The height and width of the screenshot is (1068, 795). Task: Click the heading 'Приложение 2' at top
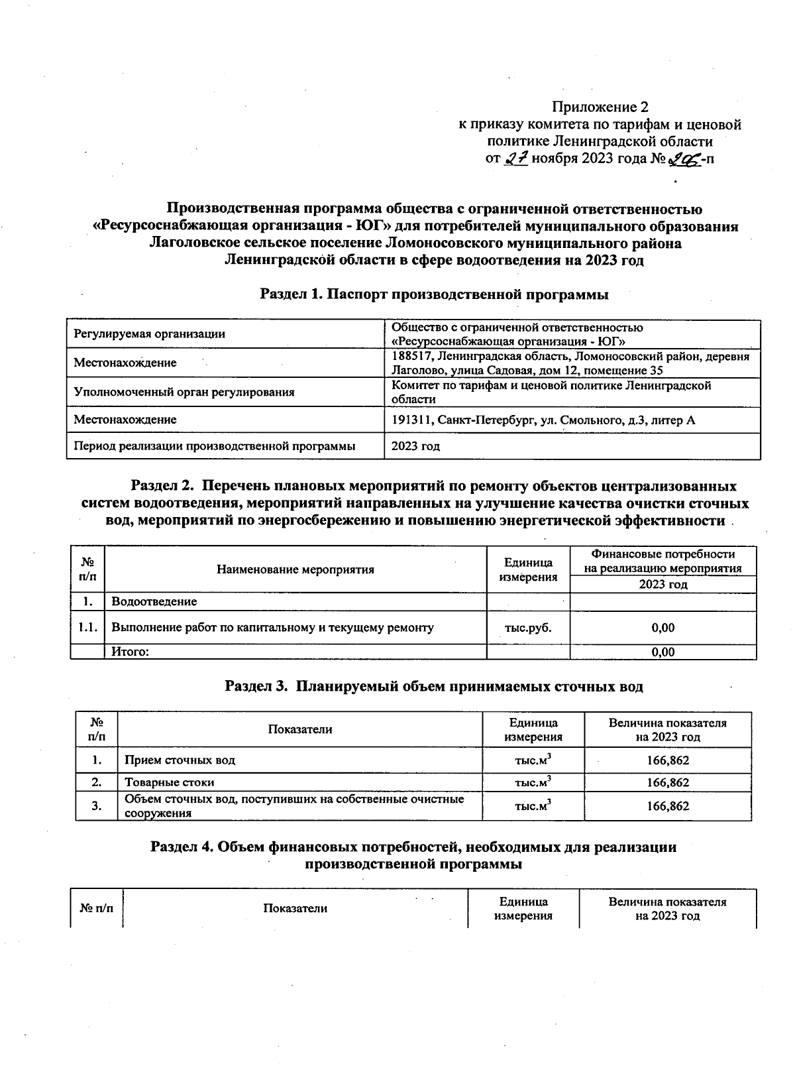point(600,107)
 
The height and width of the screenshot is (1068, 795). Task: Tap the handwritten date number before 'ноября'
point(515,159)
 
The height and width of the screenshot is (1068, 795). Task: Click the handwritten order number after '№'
point(682,159)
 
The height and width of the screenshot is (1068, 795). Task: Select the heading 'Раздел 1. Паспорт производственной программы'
point(434,294)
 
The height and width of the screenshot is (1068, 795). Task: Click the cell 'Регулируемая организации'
point(149,334)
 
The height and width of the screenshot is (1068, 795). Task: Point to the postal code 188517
point(409,357)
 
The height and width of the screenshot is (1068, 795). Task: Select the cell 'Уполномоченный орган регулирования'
point(184,392)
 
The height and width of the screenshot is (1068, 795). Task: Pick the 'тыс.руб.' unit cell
point(527,628)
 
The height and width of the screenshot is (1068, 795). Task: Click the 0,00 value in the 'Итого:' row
point(662,652)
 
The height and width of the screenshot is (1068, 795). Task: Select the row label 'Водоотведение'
point(154,602)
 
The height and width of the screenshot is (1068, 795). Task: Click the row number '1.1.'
point(87,628)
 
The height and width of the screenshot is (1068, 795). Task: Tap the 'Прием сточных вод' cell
point(180,760)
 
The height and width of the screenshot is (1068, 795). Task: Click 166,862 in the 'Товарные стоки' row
point(668,782)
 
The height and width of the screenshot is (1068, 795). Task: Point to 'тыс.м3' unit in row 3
point(533,806)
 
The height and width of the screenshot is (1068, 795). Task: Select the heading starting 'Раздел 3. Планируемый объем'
point(434,686)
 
